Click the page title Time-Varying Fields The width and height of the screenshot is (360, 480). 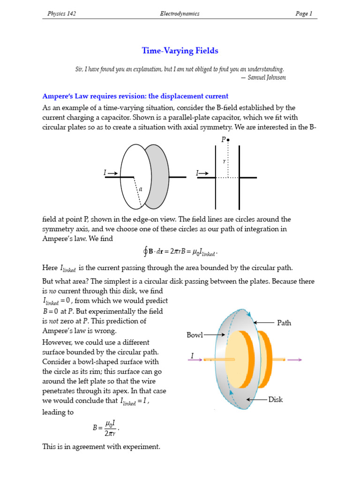(x=180, y=51)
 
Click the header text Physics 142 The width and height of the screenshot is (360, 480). (x=61, y=14)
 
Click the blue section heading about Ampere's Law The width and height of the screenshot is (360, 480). (x=135, y=96)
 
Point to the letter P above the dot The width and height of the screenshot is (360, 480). (x=223, y=140)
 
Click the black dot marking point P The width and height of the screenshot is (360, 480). (x=228, y=140)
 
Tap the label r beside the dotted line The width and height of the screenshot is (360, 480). (x=224, y=161)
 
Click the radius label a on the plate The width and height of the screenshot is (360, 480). (x=140, y=189)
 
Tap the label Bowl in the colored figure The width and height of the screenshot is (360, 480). (x=195, y=335)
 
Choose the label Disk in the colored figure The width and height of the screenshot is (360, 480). (x=276, y=399)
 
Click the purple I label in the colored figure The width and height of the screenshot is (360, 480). (x=192, y=356)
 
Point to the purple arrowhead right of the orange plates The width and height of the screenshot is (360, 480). (x=299, y=360)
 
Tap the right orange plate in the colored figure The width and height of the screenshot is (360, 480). (x=263, y=360)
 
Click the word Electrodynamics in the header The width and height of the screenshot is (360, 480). (x=180, y=14)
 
